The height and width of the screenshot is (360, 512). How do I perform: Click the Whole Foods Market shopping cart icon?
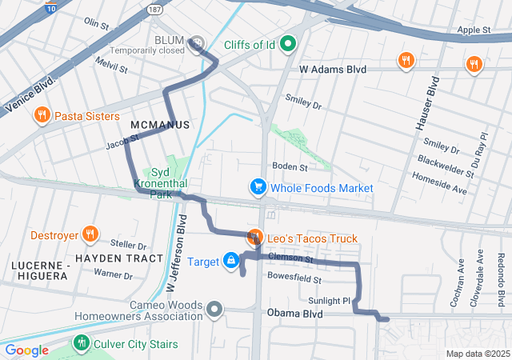(258, 188)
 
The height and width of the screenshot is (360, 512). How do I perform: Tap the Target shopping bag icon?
(231, 261)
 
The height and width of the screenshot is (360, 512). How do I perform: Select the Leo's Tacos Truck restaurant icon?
(255, 237)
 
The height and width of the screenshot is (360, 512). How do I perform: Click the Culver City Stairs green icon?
(81, 343)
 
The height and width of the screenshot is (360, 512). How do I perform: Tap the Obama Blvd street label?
(295, 314)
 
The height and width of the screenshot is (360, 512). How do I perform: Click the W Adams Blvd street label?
(333, 70)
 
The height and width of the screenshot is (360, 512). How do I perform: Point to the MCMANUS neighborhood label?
(159, 126)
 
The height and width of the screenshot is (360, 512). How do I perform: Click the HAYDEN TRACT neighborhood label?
(119, 258)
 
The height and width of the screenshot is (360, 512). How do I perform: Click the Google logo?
(26, 350)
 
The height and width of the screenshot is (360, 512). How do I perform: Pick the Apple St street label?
(474, 30)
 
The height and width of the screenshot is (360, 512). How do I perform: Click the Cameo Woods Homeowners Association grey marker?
(214, 308)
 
